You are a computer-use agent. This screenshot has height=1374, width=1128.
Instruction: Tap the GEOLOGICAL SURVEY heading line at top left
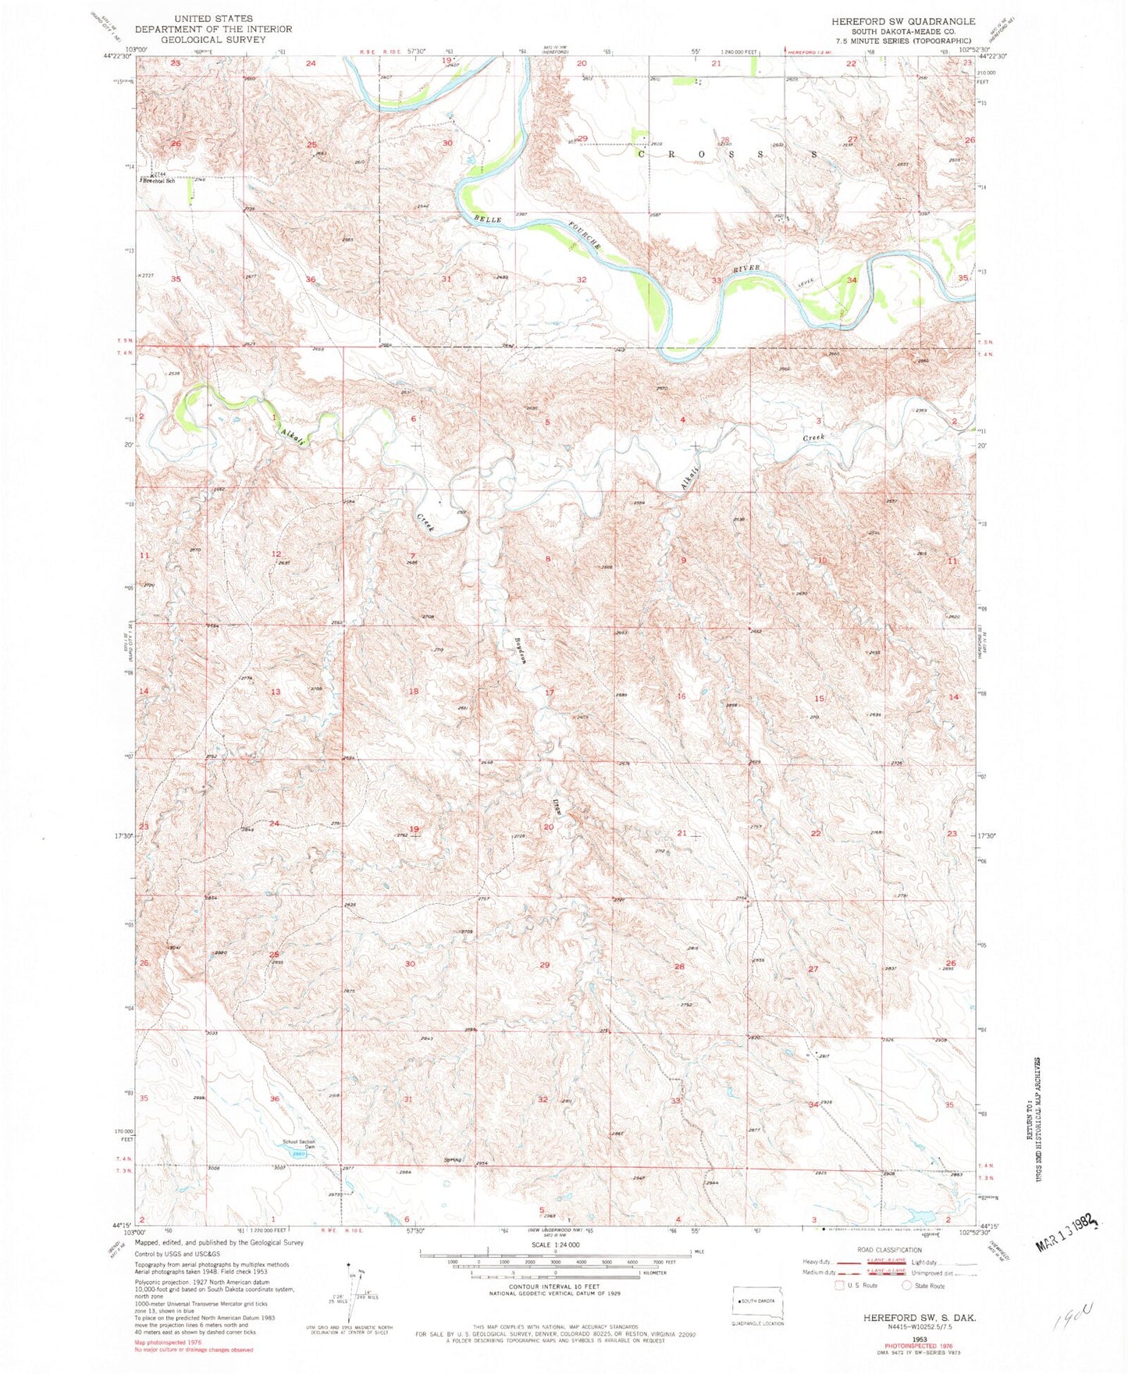[213, 39]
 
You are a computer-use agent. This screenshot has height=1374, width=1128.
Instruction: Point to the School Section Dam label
[298, 1144]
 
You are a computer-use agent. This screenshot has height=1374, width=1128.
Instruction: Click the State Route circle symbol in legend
[906, 1285]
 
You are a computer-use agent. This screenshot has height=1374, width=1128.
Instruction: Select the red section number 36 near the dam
[274, 1099]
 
